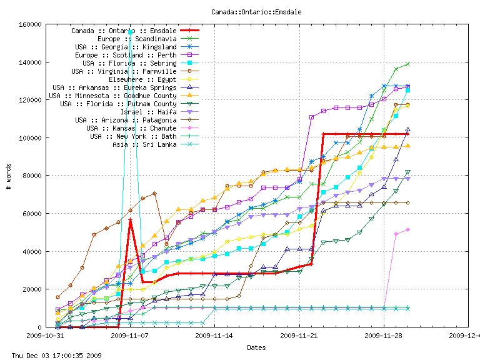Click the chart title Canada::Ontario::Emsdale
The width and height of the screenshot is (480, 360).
coord(240,12)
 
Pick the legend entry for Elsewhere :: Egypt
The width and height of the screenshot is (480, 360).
coord(142,79)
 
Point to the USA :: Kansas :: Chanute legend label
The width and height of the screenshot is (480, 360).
coord(134,128)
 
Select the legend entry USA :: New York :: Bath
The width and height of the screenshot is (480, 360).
coord(134,136)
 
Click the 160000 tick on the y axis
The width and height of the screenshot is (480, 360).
coord(30,25)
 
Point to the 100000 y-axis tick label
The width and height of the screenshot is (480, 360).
coord(30,138)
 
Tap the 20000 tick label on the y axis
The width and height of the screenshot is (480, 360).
coord(32,289)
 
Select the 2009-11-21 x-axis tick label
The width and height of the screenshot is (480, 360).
coord(299,335)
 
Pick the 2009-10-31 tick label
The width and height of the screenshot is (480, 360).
coord(42,335)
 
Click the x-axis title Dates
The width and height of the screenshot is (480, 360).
coord(256,347)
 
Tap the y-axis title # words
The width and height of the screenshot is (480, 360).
coord(8,176)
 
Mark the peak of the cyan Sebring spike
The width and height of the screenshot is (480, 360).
coord(131,29)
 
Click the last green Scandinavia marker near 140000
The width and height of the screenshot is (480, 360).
coord(407,64)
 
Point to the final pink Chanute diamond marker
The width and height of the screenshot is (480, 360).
coord(407,229)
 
